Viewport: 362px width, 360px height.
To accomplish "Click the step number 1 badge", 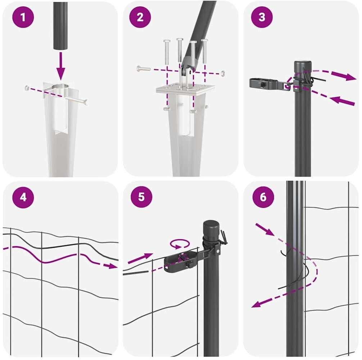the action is coord(23,17).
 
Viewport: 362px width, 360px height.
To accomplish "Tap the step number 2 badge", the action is coord(140,17).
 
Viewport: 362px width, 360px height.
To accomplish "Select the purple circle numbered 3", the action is coord(262,17).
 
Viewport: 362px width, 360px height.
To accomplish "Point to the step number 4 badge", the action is coord(23,197).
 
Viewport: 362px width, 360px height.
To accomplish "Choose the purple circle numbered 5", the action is coord(141,197).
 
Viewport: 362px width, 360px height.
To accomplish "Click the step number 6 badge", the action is coord(263,197).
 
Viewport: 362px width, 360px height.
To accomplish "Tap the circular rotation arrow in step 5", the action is coord(180,244).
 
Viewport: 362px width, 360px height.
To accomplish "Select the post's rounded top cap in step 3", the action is coord(303,65).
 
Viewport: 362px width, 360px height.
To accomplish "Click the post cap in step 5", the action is coord(211,228).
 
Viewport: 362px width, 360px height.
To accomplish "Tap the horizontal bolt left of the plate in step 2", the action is coord(143,68).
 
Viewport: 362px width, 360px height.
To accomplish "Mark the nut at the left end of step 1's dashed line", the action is coord(27,88).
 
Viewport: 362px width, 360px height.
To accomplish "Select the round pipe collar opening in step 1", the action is coord(60,87).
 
